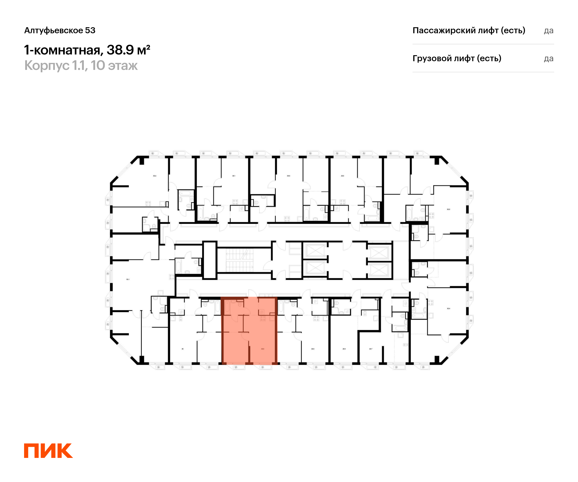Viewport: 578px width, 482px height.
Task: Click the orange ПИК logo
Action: pyautogui.click(x=48, y=451)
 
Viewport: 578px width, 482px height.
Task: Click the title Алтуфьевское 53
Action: pyautogui.click(x=60, y=30)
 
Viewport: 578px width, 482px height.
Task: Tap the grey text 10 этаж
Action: pyautogui.click(x=114, y=66)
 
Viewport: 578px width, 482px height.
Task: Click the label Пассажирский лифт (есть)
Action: pyautogui.click(x=469, y=30)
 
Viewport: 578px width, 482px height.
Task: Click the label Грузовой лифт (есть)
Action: pyautogui.click(x=457, y=58)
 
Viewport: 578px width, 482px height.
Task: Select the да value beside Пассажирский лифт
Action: pyautogui.click(x=549, y=31)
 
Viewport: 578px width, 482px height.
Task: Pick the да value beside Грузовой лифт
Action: pyautogui.click(x=549, y=59)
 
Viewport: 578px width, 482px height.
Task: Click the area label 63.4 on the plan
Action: pyautogui.click(x=155, y=176)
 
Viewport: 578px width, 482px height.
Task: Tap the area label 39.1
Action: pyautogui.click(x=234, y=176)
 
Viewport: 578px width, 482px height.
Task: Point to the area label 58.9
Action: pyautogui.click(x=289, y=176)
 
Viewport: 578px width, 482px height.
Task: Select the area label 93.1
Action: pyautogui.click(x=128, y=279)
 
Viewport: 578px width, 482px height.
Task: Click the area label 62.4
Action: pyautogui.click(x=449, y=308)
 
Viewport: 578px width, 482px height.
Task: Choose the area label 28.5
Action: pyautogui.click(x=344, y=349)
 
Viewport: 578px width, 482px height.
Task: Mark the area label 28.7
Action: pyautogui.click(x=371, y=349)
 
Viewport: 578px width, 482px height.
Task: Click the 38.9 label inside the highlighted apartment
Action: pyautogui.click(x=263, y=349)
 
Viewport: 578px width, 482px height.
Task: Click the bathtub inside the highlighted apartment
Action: pyautogui.click(x=227, y=307)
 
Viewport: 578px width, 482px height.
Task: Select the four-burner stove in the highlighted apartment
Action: pyautogui.click(x=263, y=318)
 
